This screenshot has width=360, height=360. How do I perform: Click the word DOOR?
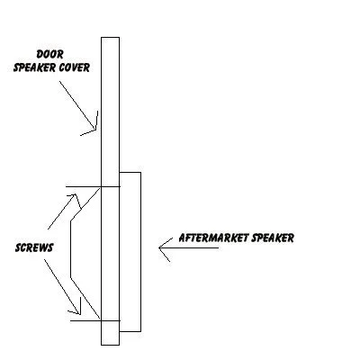pos(49,54)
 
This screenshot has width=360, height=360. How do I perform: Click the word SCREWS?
pos(34,247)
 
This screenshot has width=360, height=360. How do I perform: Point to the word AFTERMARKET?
pos(214,238)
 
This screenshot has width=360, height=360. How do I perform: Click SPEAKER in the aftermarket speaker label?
pos(273,238)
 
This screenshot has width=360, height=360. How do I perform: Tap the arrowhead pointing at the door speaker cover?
pos(90,124)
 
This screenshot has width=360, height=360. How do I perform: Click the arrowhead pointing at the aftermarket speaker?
pos(165,248)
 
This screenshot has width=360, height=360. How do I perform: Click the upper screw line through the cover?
pos(93,187)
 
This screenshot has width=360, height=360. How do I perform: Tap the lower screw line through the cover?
pos(95,320)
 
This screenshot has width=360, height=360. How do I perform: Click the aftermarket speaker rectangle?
pos(140,252)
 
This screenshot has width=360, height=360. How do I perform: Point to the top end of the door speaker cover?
pos(110,38)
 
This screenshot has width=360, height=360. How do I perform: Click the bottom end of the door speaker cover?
pos(110,345)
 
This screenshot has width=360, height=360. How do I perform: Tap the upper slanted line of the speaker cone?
pos(85,205)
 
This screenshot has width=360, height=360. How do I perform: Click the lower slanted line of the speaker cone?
pos(85,298)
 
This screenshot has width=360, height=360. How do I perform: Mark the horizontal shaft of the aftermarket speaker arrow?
pos(189,247)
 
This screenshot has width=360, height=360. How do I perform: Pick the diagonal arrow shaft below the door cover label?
pos(77,105)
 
